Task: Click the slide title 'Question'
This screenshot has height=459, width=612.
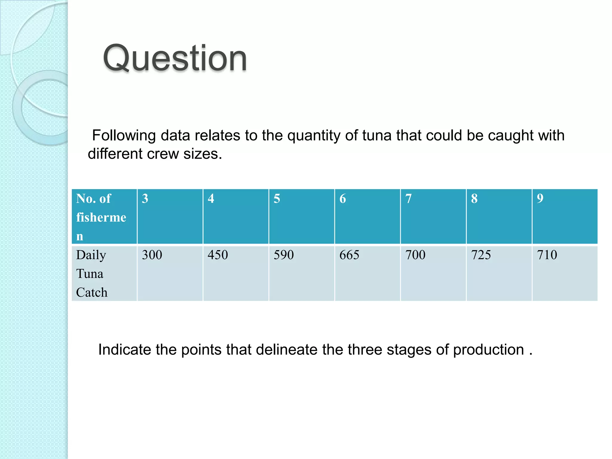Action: click(175, 58)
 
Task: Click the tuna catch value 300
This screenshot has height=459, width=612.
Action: click(152, 255)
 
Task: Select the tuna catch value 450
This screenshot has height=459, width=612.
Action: click(218, 255)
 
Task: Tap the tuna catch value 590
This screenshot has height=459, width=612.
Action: click(284, 255)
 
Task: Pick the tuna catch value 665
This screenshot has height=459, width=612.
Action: click(350, 255)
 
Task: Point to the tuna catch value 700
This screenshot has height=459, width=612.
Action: click(415, 255)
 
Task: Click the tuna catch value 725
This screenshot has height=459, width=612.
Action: click(481, 255)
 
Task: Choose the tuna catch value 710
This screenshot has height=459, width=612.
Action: click(547, 255)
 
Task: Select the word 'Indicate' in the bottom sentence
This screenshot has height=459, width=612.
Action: click(125, 350)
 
